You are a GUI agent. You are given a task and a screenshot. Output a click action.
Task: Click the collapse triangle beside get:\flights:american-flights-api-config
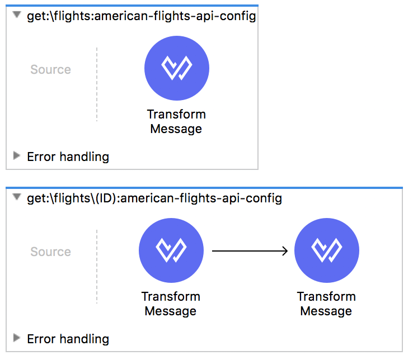click(17, 15)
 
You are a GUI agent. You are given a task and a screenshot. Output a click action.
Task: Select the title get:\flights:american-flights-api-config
click(142, 16)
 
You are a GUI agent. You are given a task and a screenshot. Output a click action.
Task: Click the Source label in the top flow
click(50, 69)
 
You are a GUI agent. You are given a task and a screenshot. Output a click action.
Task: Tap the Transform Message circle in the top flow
click(177, 68)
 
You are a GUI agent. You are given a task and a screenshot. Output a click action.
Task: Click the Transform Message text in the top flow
click(176, 121)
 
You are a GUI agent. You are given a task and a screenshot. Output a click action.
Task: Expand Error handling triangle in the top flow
click(17, 155)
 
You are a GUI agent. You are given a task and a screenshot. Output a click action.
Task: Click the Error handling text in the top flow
click(68, 157)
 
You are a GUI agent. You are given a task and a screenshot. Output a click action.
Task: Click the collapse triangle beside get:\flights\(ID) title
click(17, 197)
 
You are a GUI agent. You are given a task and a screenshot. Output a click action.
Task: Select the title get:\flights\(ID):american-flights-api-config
click(154, 198)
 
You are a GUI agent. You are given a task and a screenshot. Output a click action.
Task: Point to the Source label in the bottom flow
click(50, 252)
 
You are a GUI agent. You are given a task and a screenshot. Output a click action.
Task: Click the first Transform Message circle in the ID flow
click(171, 250)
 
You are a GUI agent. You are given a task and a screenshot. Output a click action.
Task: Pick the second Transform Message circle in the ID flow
click(327, 250)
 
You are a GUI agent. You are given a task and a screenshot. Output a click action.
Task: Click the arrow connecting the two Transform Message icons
click(250, 251)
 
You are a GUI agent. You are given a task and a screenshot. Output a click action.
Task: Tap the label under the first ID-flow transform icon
click(171, 304)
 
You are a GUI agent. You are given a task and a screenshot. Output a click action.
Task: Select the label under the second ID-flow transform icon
click(326, 304)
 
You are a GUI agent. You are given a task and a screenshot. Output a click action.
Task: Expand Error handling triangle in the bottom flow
click(17, 338)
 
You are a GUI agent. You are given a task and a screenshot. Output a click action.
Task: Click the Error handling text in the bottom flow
click(68, 339)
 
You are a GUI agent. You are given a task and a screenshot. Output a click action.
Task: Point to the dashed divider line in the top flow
click(97, 84)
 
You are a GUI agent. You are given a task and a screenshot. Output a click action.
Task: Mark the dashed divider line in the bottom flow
click(97, 267)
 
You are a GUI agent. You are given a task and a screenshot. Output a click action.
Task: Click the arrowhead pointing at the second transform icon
click(285, 251)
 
